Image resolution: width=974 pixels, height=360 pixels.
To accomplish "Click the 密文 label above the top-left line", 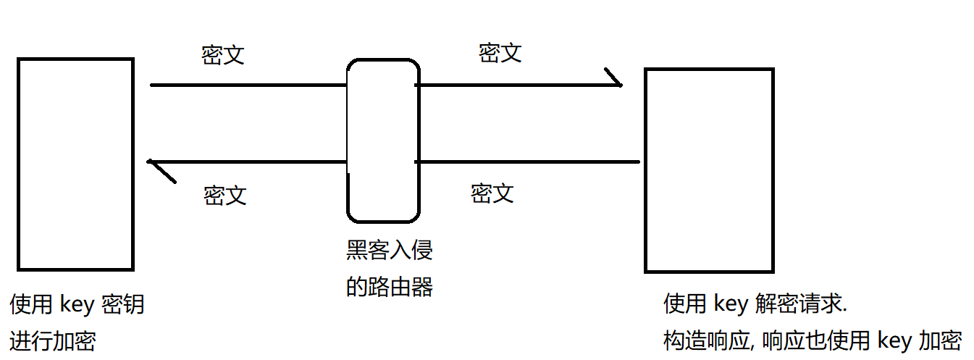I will pyautogui.click(x=223, y=55).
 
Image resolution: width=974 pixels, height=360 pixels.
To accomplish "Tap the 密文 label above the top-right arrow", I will pyautogui.click(x=500, y=53).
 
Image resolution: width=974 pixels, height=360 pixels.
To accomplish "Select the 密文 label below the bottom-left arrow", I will pyautogui.click(x=225, y=195).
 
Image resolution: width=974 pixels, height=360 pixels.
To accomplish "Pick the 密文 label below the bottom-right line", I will pyautogui.click(x=492, y=193).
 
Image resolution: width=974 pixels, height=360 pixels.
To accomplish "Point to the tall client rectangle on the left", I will pyautogui.click(x=75, y=164).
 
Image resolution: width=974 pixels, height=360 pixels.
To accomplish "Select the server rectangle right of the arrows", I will pyautogui.click(x=709, y=170).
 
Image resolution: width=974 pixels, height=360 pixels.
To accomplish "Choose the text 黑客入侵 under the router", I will pyautogui.click(x=390, y=251).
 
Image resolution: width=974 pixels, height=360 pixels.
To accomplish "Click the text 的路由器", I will pyautogui.click(x=390, y=287).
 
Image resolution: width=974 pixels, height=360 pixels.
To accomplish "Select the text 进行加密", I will pyautogui.click(x=53, y=340).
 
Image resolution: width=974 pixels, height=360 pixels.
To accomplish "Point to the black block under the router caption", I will pyautogui.click(x=423, y=328).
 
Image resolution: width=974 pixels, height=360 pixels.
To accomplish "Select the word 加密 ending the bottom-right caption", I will pyautogui.click(x=940, y=340).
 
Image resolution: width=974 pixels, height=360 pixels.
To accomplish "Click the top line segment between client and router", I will pyautogui.click(x=246, y=85).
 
